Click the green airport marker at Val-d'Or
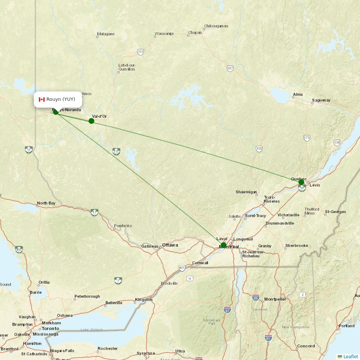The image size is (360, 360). point(91,121)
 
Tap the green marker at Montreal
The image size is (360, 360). point(224,246)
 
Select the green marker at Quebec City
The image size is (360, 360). point(301,182)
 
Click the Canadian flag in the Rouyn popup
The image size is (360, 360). point(41,99)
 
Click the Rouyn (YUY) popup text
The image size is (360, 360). point(61,99)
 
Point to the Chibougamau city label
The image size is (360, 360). point(216,26)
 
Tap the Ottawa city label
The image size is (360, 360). point(170,245)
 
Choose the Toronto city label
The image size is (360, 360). point(50,329)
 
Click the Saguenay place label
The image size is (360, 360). point(321,100)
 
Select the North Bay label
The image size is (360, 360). point(46,203)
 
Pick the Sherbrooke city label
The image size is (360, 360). point(297,246)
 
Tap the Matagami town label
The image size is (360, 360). point(106,34)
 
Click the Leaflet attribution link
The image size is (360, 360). point(351,356)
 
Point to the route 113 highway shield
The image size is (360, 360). point(140,52)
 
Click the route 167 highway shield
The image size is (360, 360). point(230,68)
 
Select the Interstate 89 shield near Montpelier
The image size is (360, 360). point(256,297)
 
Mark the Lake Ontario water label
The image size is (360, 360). point(91,330)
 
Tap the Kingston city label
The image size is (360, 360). point(144,300)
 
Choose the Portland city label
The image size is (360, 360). point(346,326)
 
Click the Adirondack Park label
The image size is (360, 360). point(211,321)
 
